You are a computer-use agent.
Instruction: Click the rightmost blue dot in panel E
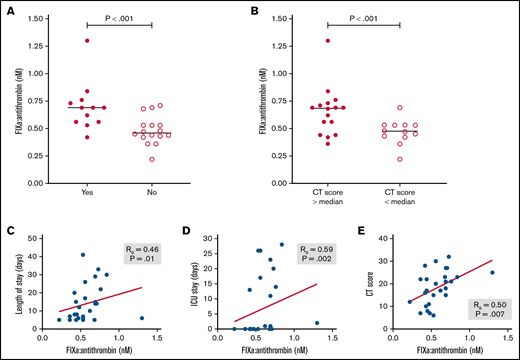pos(492,272)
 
